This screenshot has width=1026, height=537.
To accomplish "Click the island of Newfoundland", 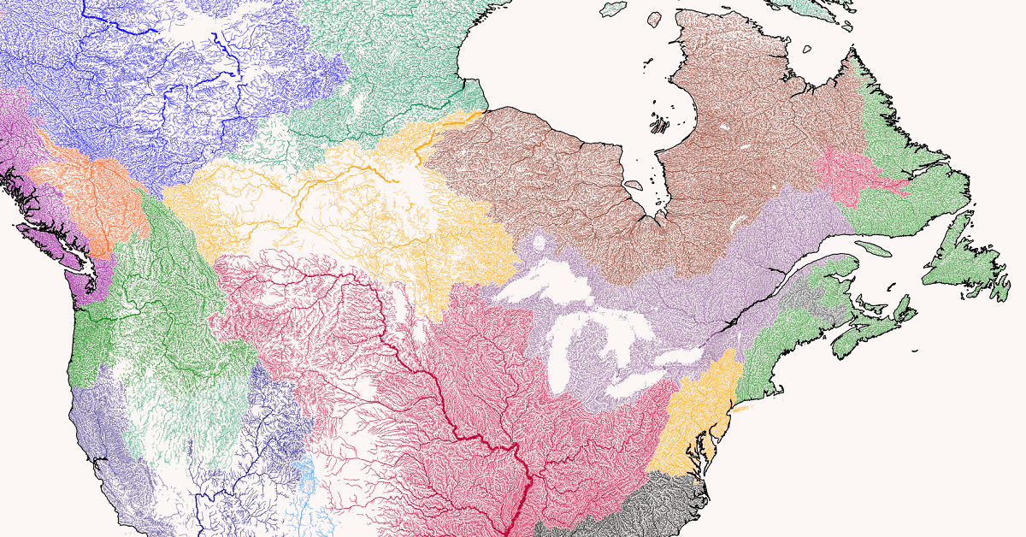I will click(962, 257).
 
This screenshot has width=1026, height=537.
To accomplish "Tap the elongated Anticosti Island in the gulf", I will click(872, 249).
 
